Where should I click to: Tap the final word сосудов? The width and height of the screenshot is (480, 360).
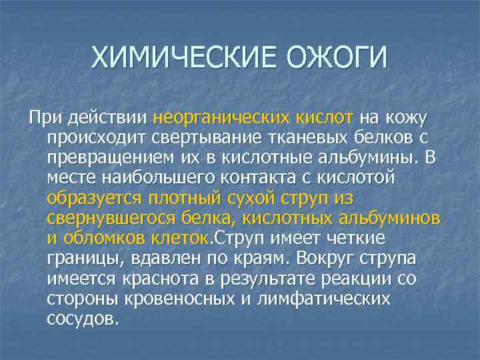pos(83,318)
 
